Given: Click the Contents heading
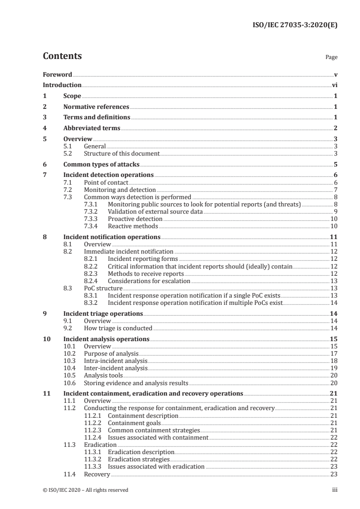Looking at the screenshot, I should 62,56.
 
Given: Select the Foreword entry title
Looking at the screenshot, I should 57,74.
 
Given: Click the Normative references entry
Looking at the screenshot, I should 96,107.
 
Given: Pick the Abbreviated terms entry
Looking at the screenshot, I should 92,128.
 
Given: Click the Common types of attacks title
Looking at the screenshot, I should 101,165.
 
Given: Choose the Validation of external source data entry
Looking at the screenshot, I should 155,212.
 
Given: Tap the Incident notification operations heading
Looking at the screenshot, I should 112,237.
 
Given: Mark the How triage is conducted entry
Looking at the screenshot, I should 118,328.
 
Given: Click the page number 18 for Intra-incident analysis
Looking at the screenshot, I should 334,361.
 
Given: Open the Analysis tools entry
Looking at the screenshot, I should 104,375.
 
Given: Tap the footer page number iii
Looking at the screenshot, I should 335,490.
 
